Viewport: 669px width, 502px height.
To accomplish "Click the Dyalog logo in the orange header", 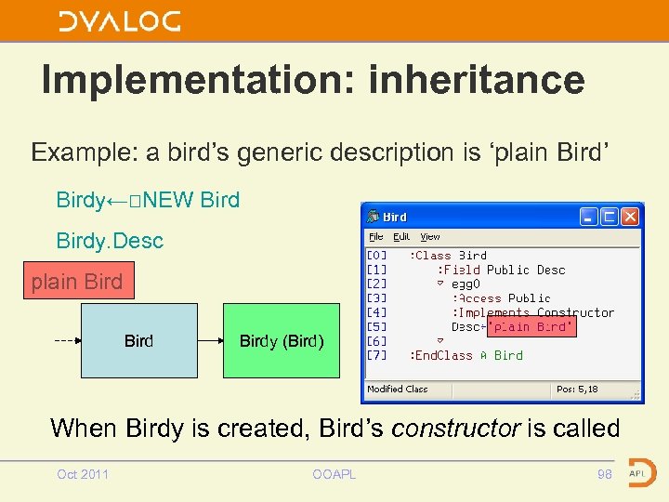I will [120, 21].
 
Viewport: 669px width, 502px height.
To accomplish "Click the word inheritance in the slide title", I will [477, 80].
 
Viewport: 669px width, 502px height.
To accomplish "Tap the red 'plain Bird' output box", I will [77, 282].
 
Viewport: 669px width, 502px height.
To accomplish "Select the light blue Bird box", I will [139, 340].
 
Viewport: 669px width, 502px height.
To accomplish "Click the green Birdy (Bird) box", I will [282, 340].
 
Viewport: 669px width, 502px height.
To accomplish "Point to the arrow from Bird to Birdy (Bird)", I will [211, 340].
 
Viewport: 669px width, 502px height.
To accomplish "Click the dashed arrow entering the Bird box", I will [67, 340].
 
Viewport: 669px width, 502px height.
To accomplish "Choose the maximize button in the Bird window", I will [610, 217].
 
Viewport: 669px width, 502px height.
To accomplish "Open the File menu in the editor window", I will [376, 237].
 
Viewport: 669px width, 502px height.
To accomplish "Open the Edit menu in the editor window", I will [400, 237].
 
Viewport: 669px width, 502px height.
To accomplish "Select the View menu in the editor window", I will [429, 237].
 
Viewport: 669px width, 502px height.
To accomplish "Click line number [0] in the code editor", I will [377, 256].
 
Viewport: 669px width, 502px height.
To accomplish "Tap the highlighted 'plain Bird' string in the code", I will [532, 327].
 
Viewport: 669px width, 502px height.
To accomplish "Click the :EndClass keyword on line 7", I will [441, 355].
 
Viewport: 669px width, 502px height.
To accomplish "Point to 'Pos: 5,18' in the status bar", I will [577, 390].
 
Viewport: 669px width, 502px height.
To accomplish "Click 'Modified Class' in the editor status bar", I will [398, 390].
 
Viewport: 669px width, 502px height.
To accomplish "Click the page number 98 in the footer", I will [605, 474].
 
